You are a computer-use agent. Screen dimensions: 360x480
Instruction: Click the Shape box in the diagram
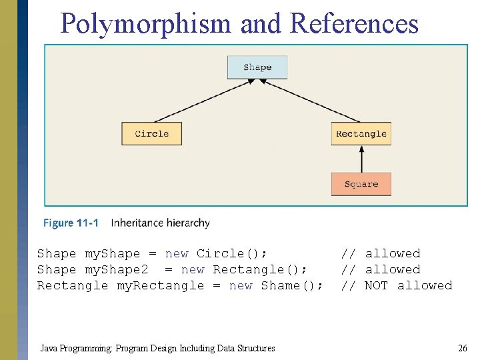[x=257, y=67]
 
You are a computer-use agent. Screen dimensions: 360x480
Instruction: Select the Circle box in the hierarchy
[x=151, y=134]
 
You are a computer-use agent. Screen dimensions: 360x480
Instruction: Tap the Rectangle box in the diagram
[x=361, y=134]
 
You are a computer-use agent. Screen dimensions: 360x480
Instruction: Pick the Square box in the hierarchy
[x=361, y=184]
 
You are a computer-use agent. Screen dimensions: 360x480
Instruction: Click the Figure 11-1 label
[x=71, y=223]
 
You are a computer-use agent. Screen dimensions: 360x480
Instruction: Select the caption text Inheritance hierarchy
[x=160, y=223]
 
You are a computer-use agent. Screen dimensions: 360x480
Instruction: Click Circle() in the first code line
[x=232, y=253]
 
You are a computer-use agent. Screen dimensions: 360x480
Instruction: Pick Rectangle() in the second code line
[x=260, y=269]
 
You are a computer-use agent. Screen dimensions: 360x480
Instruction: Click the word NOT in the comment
[x=377, y=285]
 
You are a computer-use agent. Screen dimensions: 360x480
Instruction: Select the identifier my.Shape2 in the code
[x=117, y=269]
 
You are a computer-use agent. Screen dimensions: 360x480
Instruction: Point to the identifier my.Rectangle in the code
[x=161, y=285]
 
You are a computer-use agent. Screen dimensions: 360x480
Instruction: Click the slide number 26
[x=462, y=348]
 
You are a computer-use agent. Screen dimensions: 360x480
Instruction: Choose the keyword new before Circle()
[x=177, y=253]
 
